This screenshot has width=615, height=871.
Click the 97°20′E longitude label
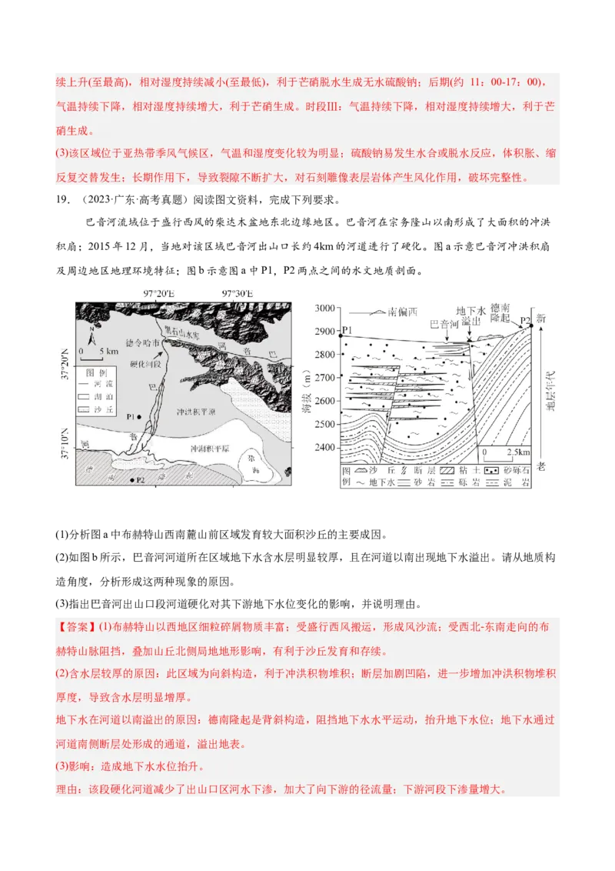[159, 294]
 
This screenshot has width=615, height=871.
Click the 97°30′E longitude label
[237, 294]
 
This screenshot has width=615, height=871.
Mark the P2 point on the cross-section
[530, 325]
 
